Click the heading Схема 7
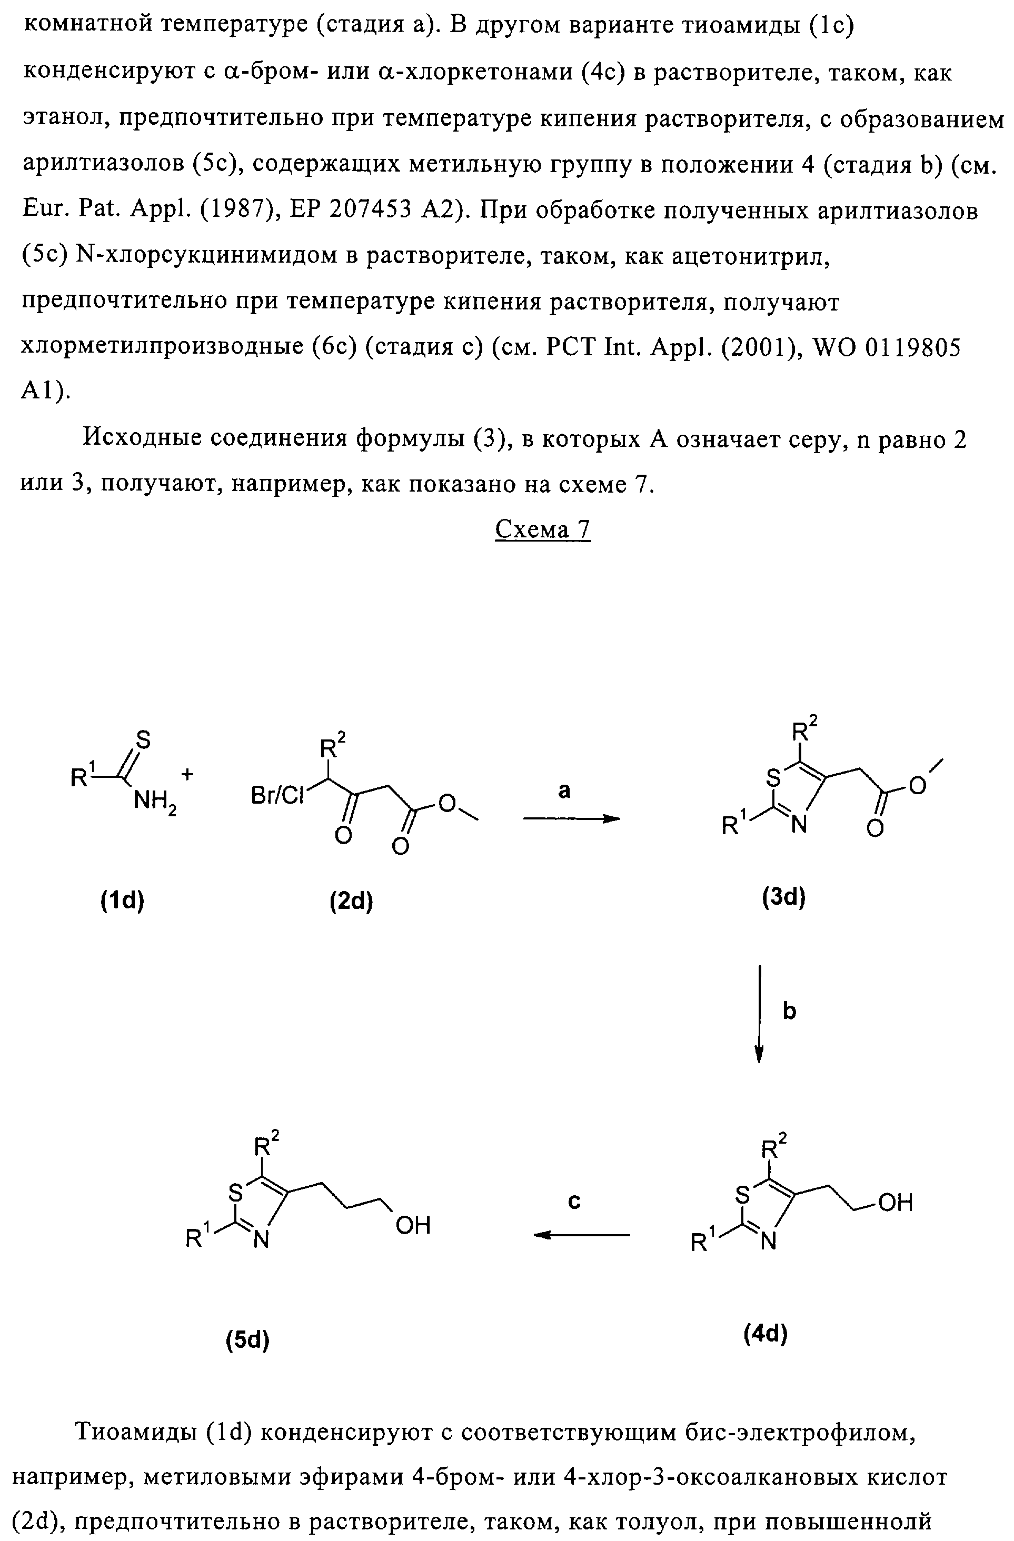[x=543, y=529]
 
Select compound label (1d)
[x=122, y=900]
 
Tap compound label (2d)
[x=351, y=900]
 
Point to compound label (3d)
[x=783, y=897]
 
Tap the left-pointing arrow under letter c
[x=581, y=1235]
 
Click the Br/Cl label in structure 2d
[x=276, y=796]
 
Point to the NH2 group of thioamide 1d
[x=154, y=804]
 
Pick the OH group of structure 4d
[x=896, y=1203]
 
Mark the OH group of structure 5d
[x=412, y=1226]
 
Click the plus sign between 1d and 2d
[x=188, y=774]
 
